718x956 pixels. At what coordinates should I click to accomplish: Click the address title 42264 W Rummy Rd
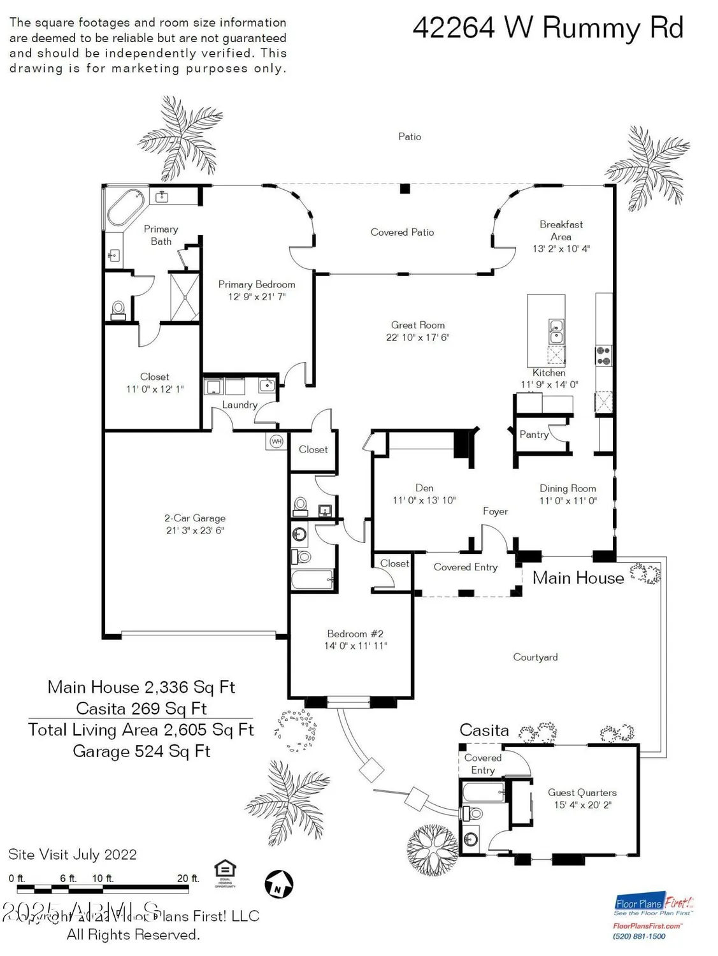548,29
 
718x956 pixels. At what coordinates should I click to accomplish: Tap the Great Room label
418,325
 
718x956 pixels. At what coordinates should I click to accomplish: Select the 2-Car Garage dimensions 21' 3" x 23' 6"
195,530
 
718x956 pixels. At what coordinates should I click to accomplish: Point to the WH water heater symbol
276,441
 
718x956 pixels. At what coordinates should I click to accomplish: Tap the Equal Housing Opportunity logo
226,871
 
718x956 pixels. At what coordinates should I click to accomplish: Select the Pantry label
533,435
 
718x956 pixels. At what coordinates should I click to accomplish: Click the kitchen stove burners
603,355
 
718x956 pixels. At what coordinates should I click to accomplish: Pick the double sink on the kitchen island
556,331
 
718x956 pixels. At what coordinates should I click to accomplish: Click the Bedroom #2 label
355,634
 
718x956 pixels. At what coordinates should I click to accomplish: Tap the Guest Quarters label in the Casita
582,792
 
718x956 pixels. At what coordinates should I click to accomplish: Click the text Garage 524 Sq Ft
141,751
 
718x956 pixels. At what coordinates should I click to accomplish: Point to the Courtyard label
535,657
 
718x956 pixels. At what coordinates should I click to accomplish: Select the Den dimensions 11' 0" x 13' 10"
424,500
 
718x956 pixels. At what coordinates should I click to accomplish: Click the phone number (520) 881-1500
639,936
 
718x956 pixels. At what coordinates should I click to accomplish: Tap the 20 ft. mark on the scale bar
188,878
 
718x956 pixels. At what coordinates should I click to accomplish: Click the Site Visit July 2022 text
73,855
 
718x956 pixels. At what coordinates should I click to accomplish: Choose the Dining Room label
568,488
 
